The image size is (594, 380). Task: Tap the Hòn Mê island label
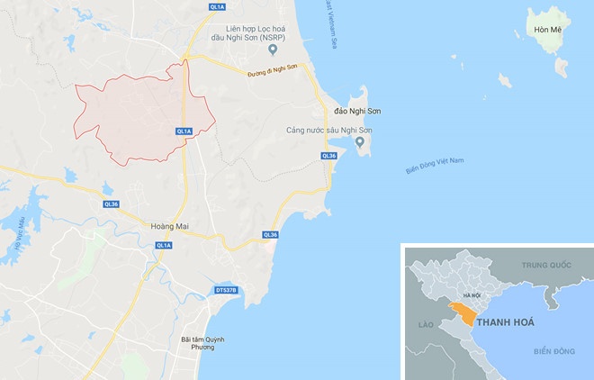546,30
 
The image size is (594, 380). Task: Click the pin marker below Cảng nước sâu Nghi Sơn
360,145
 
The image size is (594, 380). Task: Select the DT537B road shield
226,290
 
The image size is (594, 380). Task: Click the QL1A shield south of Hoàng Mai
164,245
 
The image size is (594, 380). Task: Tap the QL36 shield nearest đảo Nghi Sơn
328,156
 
